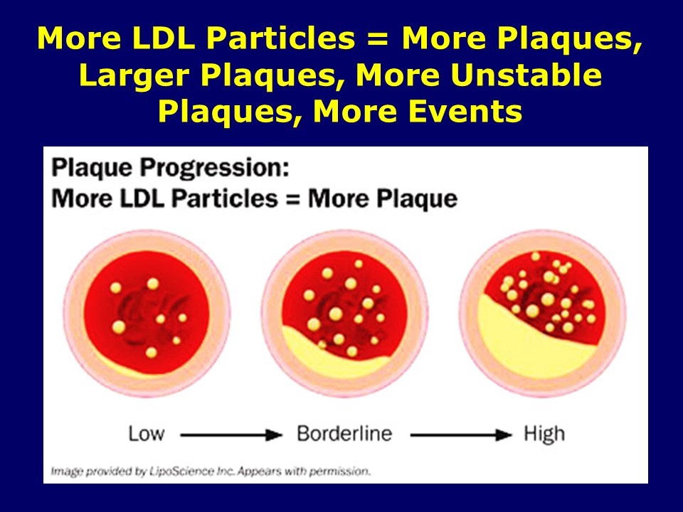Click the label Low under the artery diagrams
tap(146, 433)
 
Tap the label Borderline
tap(344, 433)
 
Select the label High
tap(544, 433)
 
